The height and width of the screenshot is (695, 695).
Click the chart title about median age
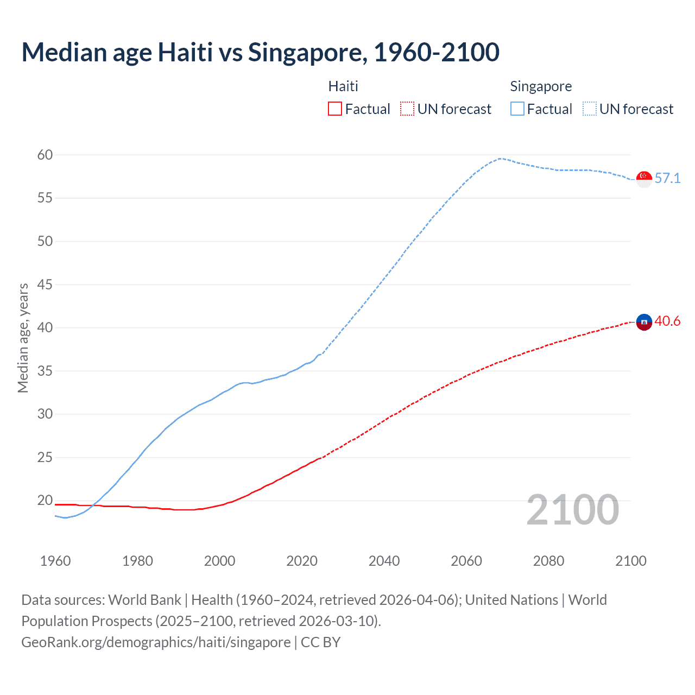[260, 52]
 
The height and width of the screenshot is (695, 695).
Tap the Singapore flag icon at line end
[644, 179]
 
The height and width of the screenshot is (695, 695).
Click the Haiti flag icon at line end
[644, 322]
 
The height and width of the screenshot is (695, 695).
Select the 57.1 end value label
[667, 178]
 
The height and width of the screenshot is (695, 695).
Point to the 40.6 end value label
[667, 321]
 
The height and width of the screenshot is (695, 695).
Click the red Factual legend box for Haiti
[335, 109]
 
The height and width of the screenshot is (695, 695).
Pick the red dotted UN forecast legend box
[407, 109]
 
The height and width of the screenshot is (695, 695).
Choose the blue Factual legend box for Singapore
[517, 109]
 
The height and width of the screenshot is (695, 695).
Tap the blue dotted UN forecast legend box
[589, 109]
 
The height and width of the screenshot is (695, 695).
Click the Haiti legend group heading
[343, 86]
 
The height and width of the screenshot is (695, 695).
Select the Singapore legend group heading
[541, 86]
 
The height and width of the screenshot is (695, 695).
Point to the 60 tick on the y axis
[45, 155]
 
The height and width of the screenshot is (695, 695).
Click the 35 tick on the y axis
[45, 371]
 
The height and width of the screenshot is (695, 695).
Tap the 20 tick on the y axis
[45, 500]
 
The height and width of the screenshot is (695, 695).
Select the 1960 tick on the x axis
[55, 561]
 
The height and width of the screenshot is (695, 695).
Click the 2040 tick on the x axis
[384, 561]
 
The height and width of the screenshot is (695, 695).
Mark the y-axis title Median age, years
[23, 338]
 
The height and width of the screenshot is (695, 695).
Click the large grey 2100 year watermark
[572, 509]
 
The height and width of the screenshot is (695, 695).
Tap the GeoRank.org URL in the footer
[156, 642]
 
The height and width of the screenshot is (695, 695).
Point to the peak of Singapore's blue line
[500, 159]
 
